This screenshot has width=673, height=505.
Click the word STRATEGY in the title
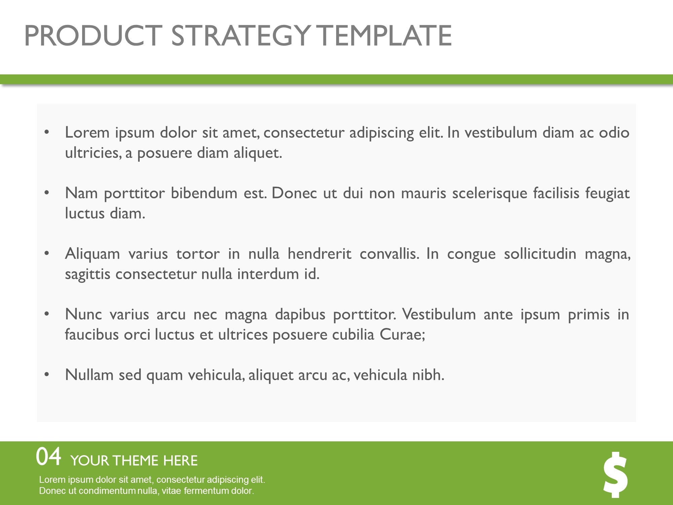(240, 36)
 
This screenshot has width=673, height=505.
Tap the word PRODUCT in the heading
(92, 36)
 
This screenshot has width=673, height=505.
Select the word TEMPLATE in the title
(384, 36)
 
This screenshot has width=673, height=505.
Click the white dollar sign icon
(615, 475)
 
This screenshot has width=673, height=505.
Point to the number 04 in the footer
(49, 457)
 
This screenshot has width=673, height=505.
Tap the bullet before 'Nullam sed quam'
(47, 375)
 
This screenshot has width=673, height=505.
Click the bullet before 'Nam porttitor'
(47, 193)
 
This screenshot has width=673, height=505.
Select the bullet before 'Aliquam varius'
(47, 254)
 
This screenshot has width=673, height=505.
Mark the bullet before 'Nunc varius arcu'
(47, 314)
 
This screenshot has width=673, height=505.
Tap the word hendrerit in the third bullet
(319, 254)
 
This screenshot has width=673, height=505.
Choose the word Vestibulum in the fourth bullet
(439, 314)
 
